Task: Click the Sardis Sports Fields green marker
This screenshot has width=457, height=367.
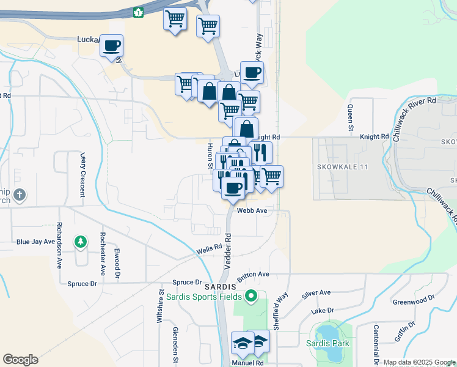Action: pos(250,297)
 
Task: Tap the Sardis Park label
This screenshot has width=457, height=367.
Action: pos(329,343)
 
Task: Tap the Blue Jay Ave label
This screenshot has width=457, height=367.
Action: pos(36,242)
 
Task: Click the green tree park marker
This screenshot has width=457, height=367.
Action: pos(80,242)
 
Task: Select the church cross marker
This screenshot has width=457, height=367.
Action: pos(20,195)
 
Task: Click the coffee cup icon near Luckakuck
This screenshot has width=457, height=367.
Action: pos(111,45)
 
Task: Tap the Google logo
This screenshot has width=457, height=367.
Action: pos(20,360)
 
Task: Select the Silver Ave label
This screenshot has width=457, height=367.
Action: pos(316,294)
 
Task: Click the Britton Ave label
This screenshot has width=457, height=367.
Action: pos(253,275)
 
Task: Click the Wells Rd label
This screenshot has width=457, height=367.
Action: pos(208,250)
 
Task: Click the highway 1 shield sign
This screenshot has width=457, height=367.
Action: pos(139,11)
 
